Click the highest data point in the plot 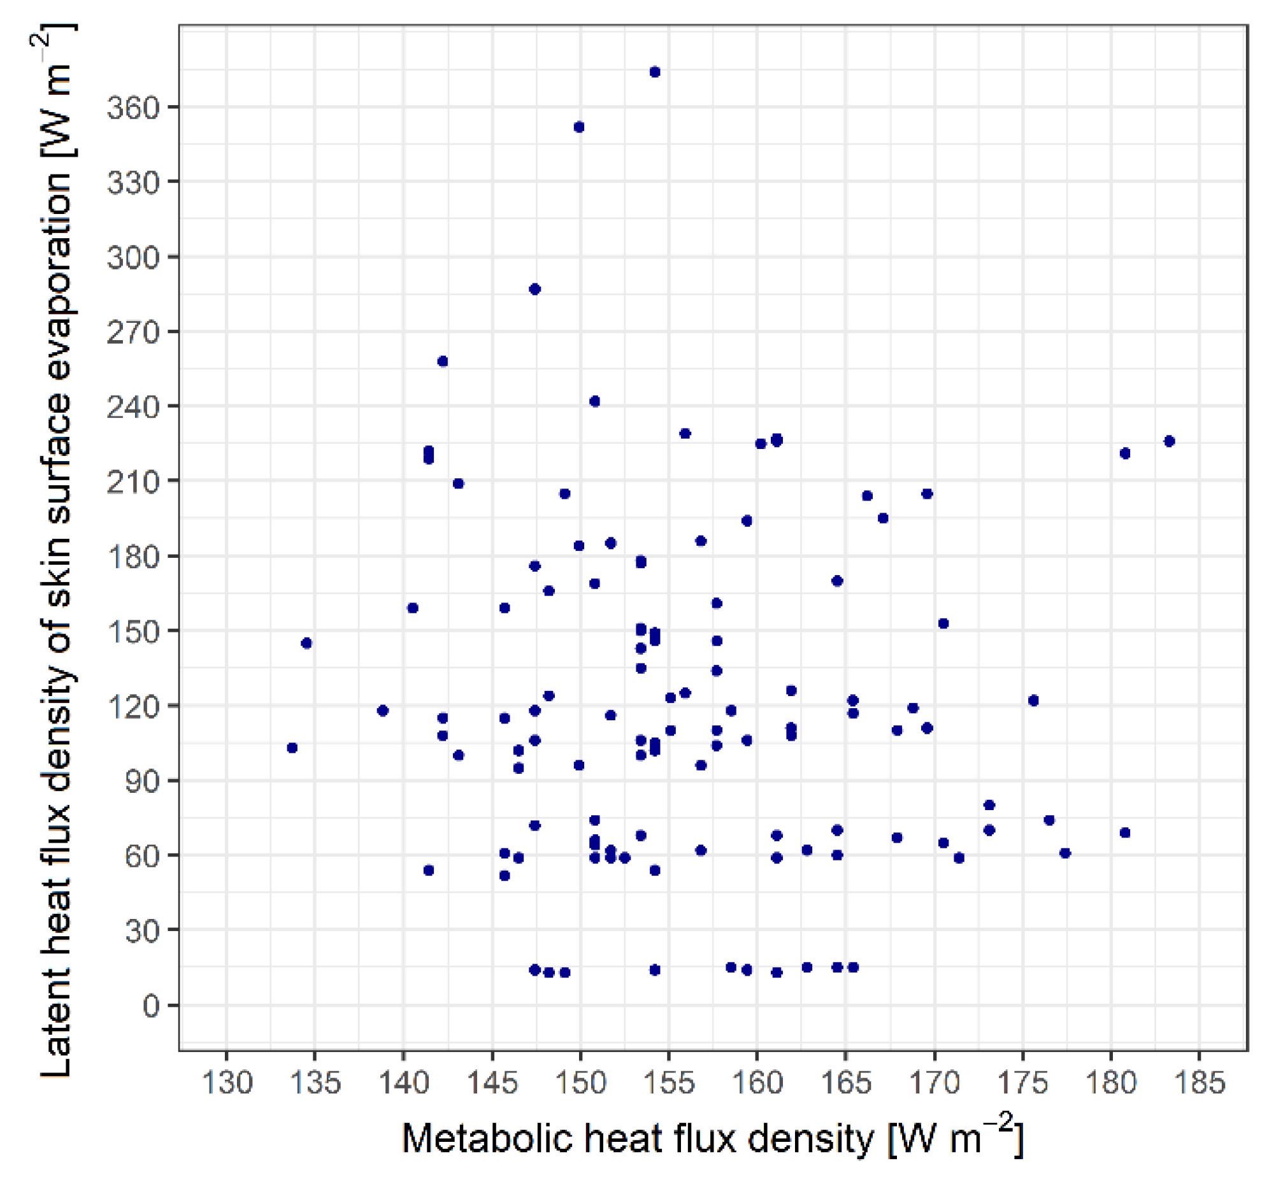[x=655, y=72]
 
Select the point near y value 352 [x=579, y=127]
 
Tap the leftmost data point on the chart [x=292, y=748]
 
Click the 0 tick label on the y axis [x=151, y=1006]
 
